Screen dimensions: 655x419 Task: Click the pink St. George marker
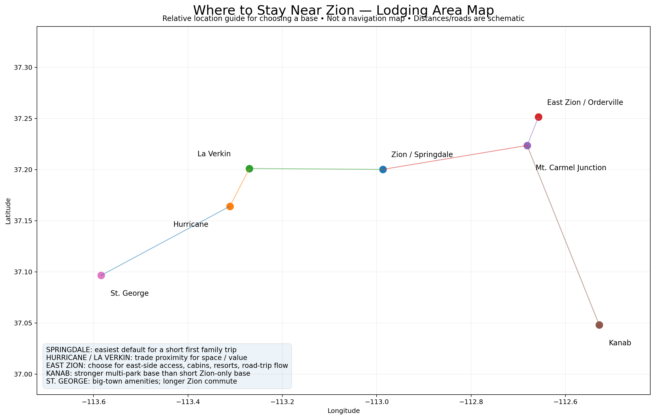point(101,276)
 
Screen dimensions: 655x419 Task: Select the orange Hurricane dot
point(230,206)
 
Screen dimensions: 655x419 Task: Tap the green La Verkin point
point(249,169)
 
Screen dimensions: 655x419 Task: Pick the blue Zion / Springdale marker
point(383,170)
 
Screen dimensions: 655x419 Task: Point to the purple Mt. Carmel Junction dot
point(527,146)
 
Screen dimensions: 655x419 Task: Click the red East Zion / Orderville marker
point(538,117)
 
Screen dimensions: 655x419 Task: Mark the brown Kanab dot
point(599,325)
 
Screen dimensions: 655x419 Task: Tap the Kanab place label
point(620,343)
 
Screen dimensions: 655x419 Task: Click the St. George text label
point(129,293)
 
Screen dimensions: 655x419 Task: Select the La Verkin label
point(214,154)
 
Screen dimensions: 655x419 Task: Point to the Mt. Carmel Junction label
point(571,168)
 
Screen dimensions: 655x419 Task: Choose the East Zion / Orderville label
point(585,102)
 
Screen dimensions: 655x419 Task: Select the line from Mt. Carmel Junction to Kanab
point(563,235)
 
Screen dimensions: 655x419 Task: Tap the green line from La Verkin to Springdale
point(316,169)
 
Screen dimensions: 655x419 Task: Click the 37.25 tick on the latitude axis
point(23,119)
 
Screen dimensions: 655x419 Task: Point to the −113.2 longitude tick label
point(282,402)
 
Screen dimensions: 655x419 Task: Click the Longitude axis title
point(344,411)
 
